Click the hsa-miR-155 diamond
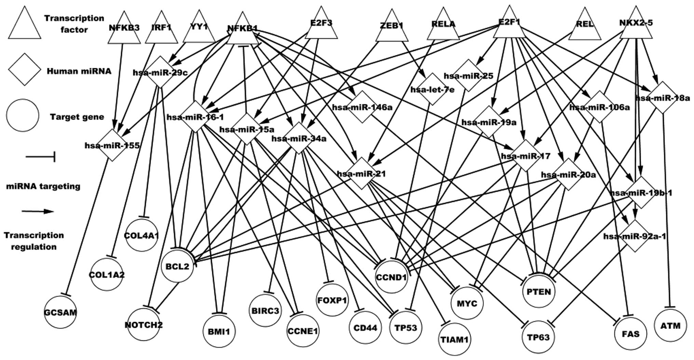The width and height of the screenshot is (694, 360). pyautogui.click(x=112, y=145)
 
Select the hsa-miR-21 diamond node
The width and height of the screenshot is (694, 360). pyautogui.click(x=362, y=173)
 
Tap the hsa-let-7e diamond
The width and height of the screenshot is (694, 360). pyautogui.click(x=433, y=89)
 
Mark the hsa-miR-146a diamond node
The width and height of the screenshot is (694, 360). pyautogui.click(x=362, y=107)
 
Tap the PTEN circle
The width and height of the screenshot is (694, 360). pyautogui.click(x=539, y=291)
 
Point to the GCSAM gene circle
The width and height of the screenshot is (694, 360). pyautogui.click(x=60, y=312)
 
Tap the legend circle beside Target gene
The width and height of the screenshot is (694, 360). pyautogui.click(x=23, y=116)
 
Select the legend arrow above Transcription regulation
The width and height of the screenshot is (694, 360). pyautogui.click(x=38, y=211)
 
